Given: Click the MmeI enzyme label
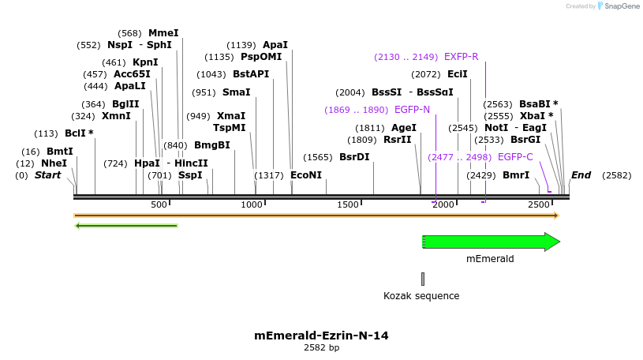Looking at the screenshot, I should (163, 33).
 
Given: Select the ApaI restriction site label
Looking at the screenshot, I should (275, 45).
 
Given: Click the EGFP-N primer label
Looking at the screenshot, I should (412, 110).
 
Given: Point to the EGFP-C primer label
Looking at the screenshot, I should (515, 157).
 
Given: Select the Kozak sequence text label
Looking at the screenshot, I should (421, 296).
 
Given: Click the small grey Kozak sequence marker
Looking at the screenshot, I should (423, 279).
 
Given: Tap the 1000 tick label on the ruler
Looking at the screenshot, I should (252, 204).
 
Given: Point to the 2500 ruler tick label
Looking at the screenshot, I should (539, 204).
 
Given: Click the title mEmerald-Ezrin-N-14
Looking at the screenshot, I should (321, 336).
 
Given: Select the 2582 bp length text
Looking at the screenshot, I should (321, 347).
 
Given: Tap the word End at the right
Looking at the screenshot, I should (581, 175).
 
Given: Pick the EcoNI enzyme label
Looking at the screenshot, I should (306, 175).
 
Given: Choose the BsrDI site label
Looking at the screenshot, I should (354, 157).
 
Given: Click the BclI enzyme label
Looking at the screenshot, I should (79, 133).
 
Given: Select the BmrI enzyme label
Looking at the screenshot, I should (516, 175).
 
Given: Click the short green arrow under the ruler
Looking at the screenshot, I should (126, 226).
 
